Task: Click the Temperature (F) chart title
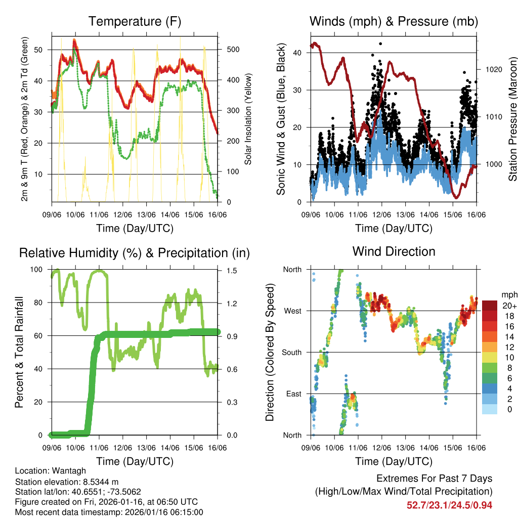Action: [135, 21]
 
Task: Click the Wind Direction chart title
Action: [394, 251]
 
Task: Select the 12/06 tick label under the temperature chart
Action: [123, 215]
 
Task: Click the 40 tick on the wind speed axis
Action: [297, 53]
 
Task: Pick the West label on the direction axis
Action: [292, 311]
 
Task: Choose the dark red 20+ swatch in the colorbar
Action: [490, 306]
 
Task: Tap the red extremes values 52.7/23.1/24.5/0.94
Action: [449, 505]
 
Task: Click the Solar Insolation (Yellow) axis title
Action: [248, 119]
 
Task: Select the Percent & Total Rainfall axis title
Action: [19, 352]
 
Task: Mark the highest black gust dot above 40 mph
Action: [380, 44]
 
